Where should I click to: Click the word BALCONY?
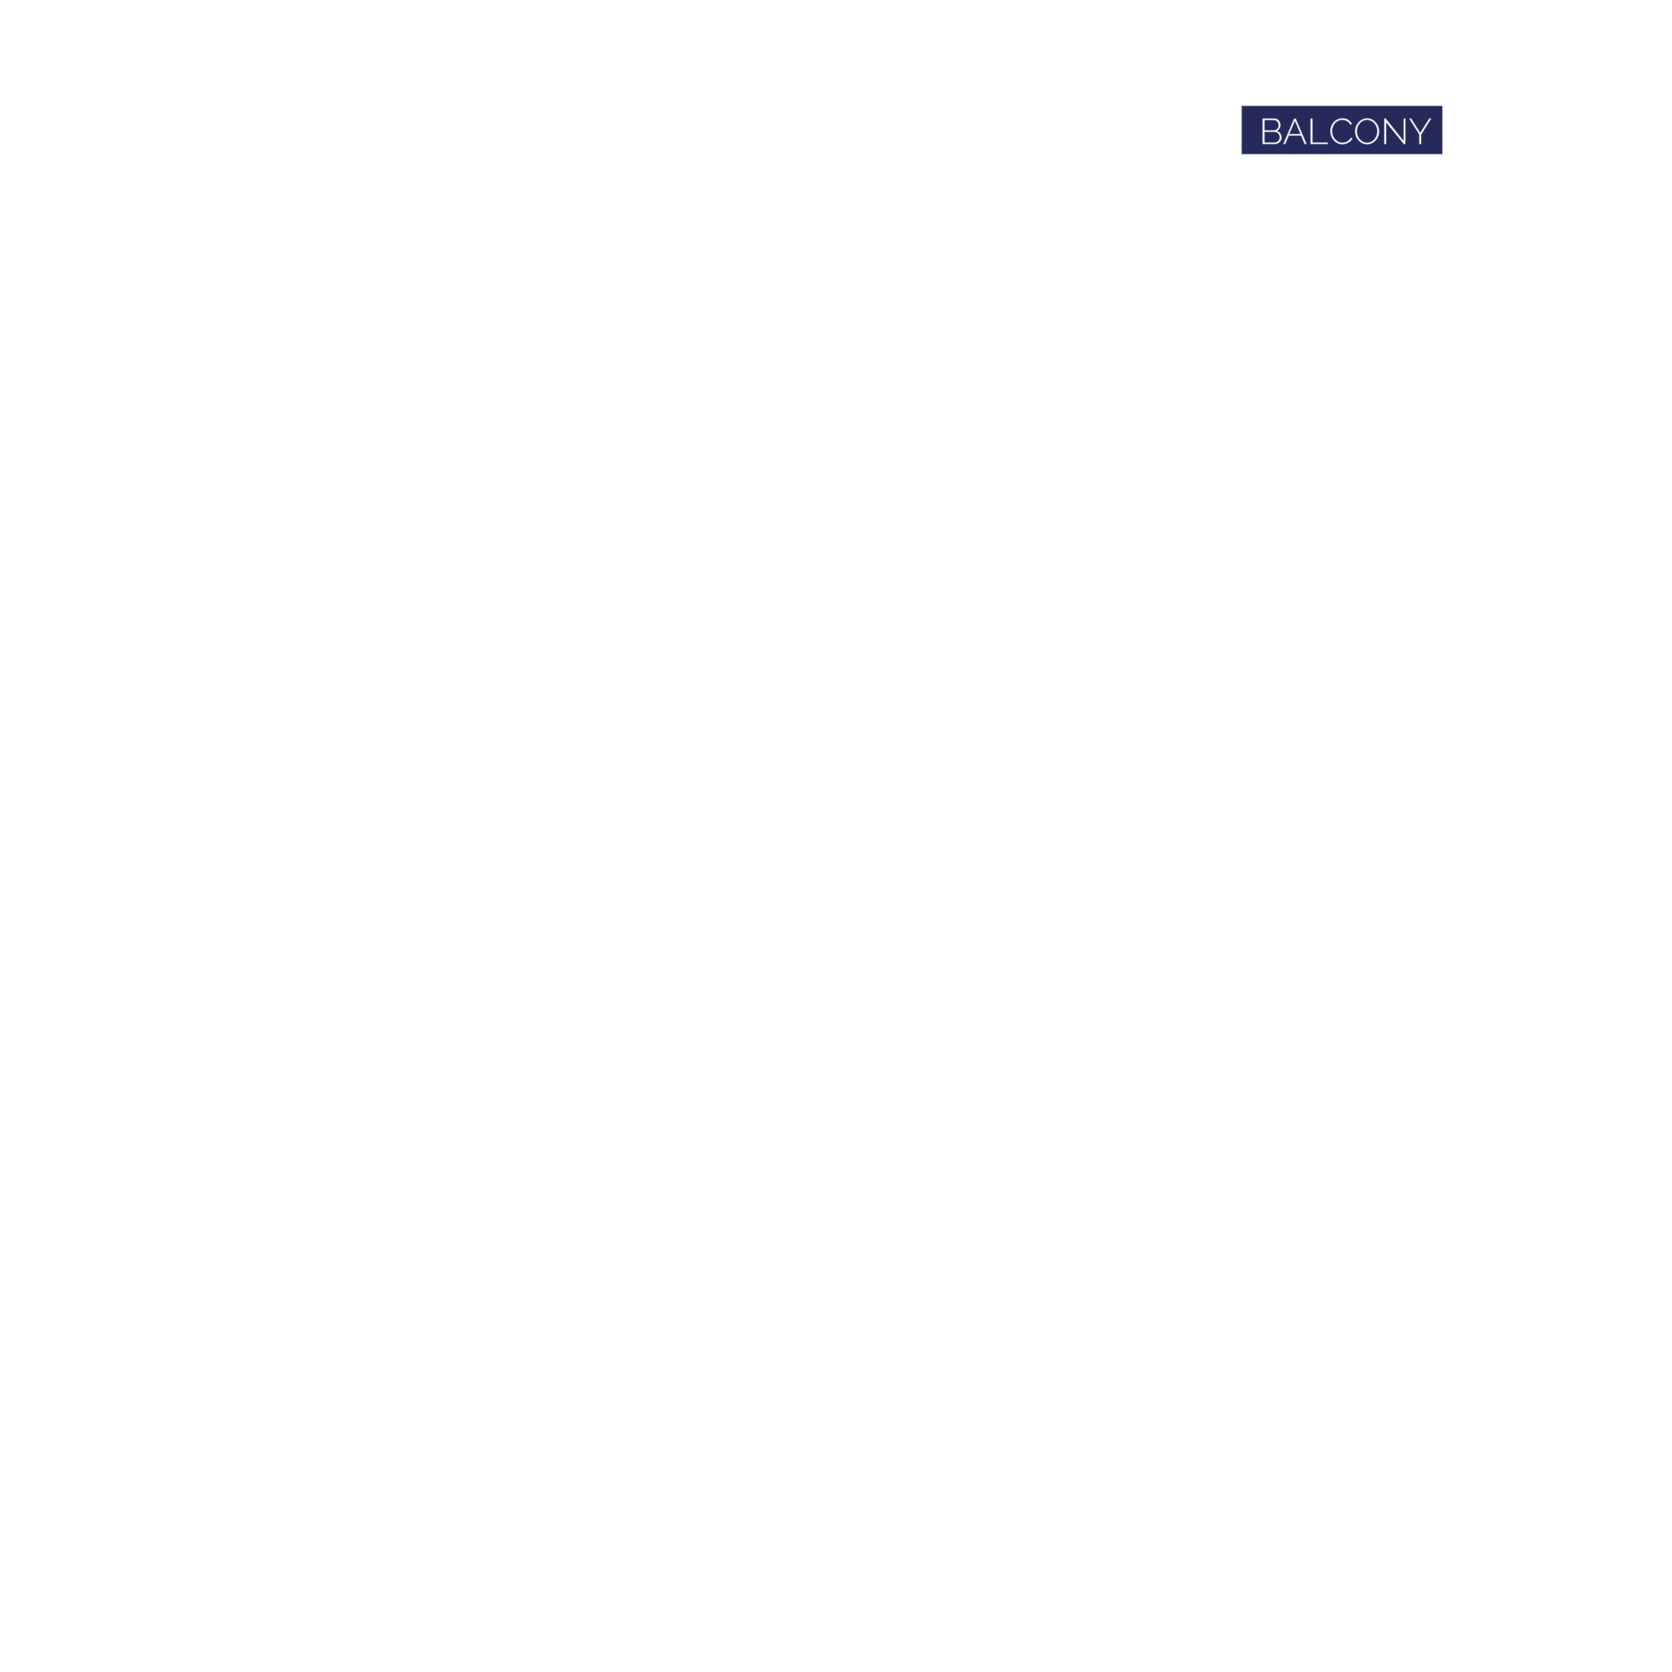click(x=1346, y=130)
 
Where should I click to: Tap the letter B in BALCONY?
click(x=1272, y=130)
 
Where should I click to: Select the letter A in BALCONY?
click(x=1295, y=130)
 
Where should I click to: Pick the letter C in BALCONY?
click(x=1341, y=130)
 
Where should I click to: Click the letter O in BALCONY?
click(x=1368, y=130)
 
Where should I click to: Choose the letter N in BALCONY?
click(x=1394, y=130)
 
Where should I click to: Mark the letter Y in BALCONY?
click(x=1420, y=130)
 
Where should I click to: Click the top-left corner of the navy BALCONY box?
click(x=1242, y=106)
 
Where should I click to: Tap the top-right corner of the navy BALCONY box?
click(x=1442, y=106)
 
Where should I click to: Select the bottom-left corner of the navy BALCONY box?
click(x=1242, y=153)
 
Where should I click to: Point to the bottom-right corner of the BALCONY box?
click(x=1442, y=153)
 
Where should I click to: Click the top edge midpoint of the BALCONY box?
click(x=1343, y=106)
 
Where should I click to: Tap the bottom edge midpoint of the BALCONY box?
click(x=1343, y=153)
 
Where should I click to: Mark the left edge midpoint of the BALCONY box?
click(x=1242, y=130)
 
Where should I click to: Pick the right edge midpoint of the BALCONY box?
click(x=1442, y=130)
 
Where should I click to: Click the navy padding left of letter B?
click(x=1251, y=130)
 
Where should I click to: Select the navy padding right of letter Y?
click(x=1436, y=130)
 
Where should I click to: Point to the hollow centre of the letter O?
click(x=1368, y=130)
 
